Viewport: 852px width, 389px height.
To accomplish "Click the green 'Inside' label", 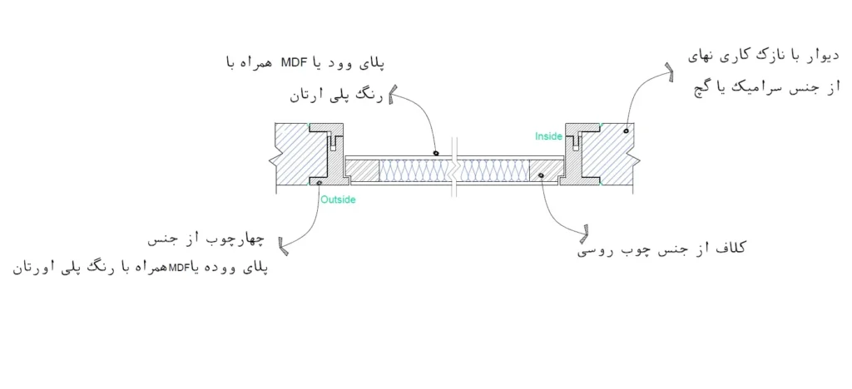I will tap(549, 134).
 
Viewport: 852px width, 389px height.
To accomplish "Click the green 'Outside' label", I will tap(338, 199).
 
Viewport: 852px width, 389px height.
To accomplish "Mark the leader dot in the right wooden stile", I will tap(541, 175).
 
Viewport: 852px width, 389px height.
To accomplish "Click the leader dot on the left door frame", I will tap(319, 182).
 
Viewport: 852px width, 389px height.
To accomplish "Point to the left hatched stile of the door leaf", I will tap(362, 170).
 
